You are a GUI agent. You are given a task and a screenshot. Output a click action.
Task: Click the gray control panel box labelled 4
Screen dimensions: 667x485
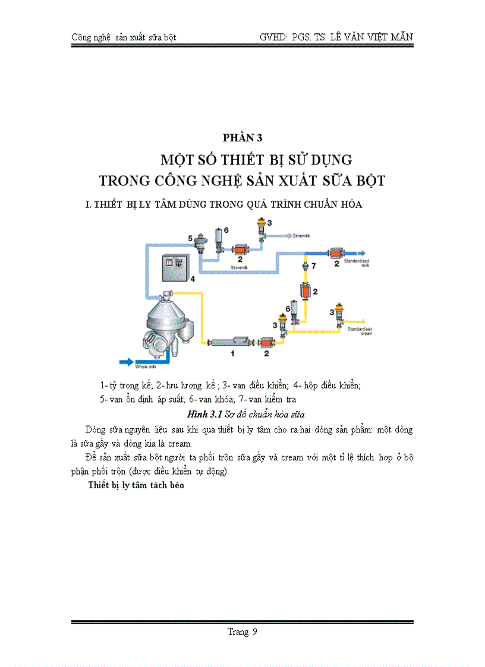175,268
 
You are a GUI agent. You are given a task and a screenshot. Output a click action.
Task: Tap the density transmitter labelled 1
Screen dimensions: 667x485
233,342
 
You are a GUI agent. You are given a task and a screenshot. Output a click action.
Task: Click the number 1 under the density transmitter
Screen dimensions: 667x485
233,353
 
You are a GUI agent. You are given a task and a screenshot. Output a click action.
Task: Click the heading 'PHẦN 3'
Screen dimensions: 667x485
242,138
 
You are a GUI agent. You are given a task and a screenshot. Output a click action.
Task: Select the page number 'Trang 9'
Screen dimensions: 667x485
242,631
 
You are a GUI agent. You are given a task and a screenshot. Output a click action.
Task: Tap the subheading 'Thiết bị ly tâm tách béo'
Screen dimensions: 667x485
136,485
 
